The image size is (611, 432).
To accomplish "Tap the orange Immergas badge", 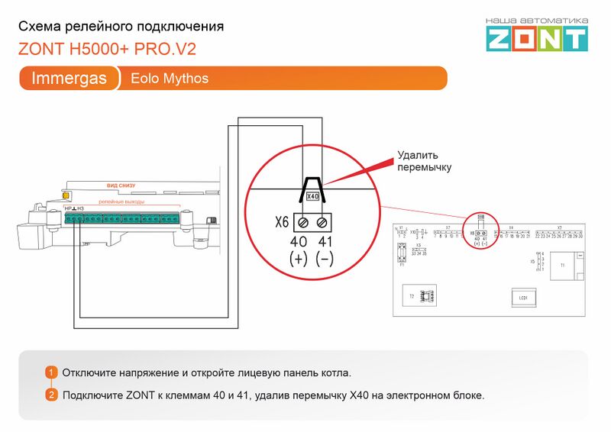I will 69,79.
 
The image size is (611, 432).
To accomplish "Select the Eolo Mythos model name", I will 170,79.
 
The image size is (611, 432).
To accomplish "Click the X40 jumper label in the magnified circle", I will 312,196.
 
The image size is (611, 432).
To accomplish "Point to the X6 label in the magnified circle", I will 282,223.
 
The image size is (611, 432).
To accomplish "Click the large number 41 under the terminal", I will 325,242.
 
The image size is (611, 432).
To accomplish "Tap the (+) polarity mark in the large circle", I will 299,259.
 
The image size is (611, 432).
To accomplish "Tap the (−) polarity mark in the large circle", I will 325,259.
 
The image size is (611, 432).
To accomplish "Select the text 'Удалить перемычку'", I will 424,162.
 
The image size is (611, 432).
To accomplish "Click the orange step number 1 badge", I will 51,372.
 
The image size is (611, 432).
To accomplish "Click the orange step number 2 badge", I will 51,395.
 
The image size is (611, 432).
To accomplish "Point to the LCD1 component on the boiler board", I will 523,298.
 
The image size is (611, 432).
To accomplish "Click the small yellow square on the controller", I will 56,195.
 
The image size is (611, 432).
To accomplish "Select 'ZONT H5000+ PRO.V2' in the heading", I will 107,49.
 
